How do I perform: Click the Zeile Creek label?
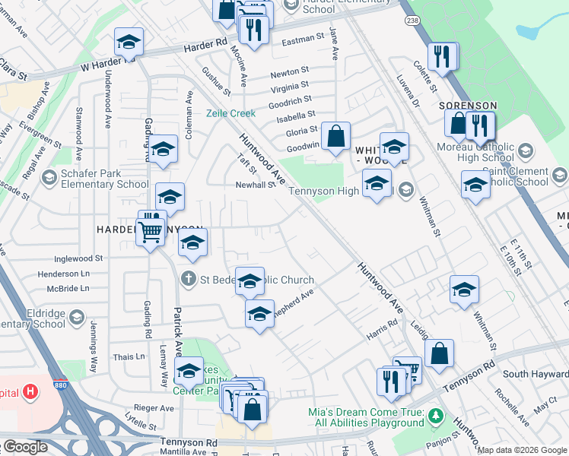[x=231, y=113]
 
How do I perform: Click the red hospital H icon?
[x=30, y=392]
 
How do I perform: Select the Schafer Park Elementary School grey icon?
[x=49, y=177]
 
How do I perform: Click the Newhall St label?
[x=254, y=185]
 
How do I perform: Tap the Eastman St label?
[x=303, y=39]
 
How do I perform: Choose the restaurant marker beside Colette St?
[x=441, y=56]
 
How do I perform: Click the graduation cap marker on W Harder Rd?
[x=129, y=42]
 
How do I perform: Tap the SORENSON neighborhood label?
[x=472, y=106]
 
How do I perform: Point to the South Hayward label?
[x=536, y=373]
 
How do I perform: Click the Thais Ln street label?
[x=129, y=356]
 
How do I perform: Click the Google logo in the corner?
[x=25, y=447]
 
